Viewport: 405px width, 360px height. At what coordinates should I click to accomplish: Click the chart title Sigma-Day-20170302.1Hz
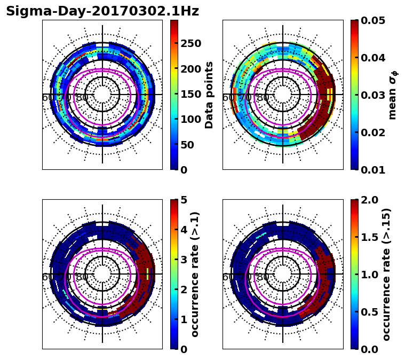[x=102, y=11]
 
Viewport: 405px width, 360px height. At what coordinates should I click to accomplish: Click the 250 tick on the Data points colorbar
[x=190, y=43]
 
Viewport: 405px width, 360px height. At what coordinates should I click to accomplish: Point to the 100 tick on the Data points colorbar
[x=190, y=119]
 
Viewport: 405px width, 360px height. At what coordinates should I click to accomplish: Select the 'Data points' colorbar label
[x=209, y=95]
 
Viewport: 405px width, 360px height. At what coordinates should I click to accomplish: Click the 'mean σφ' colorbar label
[x=392, y=95]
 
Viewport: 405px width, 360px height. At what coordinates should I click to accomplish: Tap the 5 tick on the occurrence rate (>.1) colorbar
[x=184, y=200]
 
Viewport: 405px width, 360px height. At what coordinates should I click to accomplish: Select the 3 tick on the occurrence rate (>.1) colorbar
[x=184, y=260]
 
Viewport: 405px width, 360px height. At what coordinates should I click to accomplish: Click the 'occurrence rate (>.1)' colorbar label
[x=195, y=274]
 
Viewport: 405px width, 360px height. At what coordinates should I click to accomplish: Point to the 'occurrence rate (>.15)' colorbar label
[x=387, y=274]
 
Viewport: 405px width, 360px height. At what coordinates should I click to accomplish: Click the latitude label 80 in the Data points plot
[x=82, y=98]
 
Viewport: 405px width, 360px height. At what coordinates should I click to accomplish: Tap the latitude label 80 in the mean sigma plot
[x=263, y=98]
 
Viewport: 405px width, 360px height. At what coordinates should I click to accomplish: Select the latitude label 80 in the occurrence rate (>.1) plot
[x=82, y=277]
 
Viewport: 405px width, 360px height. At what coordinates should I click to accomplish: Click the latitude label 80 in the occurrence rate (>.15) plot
[x=263, y=277]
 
